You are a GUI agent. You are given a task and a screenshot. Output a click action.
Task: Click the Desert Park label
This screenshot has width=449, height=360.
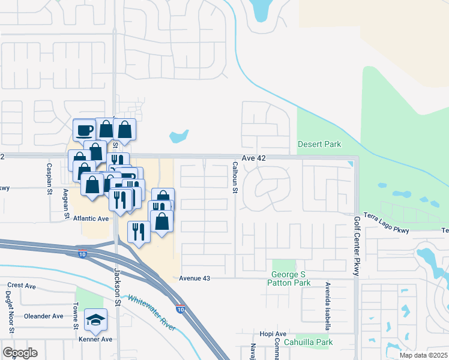point(319,144)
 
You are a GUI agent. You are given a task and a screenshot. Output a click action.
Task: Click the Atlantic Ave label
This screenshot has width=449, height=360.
point(90,219)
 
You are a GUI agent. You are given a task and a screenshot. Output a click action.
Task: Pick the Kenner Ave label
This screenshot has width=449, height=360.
point(95,339)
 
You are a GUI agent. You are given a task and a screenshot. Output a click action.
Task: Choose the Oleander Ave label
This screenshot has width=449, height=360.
point(43,316)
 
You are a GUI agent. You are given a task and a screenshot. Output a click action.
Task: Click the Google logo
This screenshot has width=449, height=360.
point(20,353)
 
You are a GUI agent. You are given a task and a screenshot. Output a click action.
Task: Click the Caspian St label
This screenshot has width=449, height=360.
point(50,177)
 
